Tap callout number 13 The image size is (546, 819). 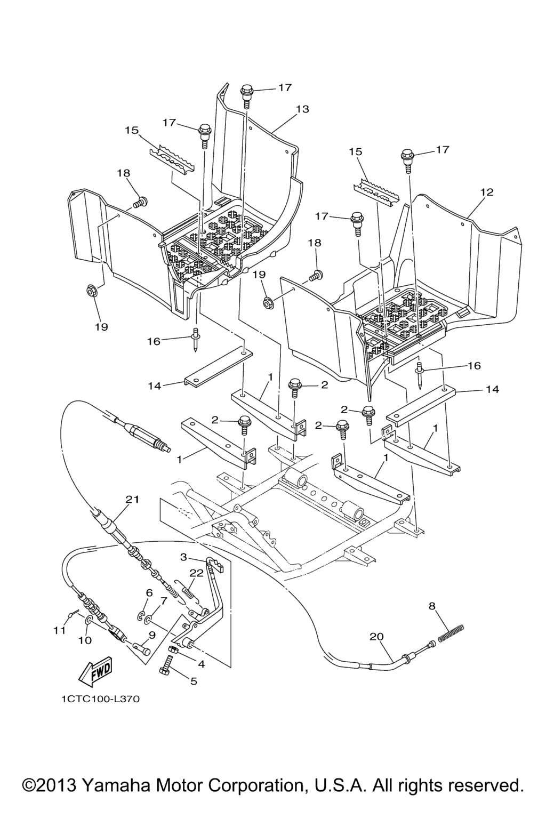302,109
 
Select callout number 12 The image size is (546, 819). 486,191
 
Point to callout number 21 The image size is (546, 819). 132,499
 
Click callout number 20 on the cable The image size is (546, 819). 377,636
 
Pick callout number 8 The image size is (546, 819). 432,605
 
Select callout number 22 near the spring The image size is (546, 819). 197,572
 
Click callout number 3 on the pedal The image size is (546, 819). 183,557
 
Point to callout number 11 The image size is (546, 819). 59,630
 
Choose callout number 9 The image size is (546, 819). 152,635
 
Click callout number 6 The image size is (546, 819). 149,592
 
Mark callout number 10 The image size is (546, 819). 85,639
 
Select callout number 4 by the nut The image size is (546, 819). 202,664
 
